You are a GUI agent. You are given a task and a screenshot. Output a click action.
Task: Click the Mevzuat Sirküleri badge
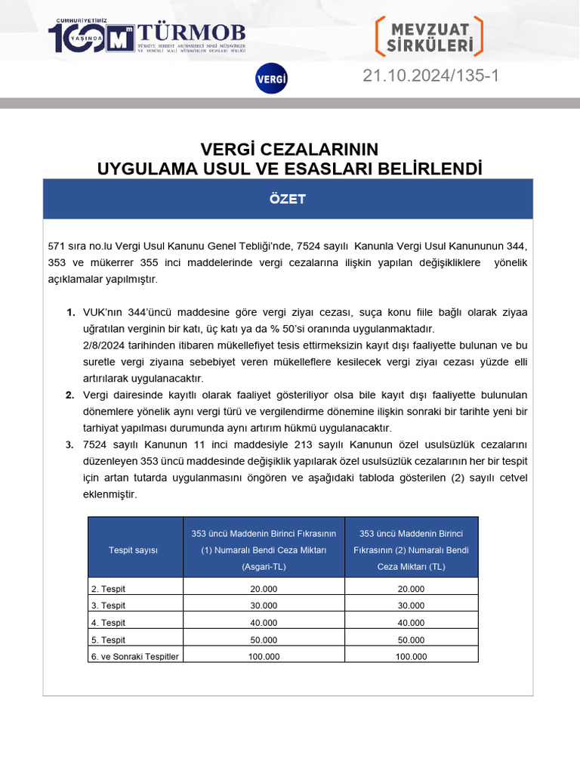coord(429,36)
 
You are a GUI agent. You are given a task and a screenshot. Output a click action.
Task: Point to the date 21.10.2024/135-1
coord(430,76)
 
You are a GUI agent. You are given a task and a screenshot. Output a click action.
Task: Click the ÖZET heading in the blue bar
coord(288,199)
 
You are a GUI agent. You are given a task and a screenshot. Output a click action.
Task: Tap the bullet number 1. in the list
coord(70,312)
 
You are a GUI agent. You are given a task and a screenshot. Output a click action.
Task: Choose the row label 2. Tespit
coord(109,589)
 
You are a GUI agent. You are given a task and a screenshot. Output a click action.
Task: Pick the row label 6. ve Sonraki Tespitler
coord(134,656)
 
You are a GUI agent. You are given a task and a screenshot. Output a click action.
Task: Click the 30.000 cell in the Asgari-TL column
coord(263,605)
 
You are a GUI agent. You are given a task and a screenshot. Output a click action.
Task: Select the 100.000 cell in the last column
coord(411,656)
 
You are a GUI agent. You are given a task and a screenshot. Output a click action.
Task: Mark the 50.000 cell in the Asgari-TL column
coord(263,639)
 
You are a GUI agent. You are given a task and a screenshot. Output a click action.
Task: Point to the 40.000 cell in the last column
coord(411,623)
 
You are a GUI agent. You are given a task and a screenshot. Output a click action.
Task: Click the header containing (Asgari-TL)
coord(263,550)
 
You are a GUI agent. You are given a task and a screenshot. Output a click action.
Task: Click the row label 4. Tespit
coord(109,623)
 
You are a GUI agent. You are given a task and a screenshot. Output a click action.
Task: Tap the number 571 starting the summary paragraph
coord(57,246)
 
